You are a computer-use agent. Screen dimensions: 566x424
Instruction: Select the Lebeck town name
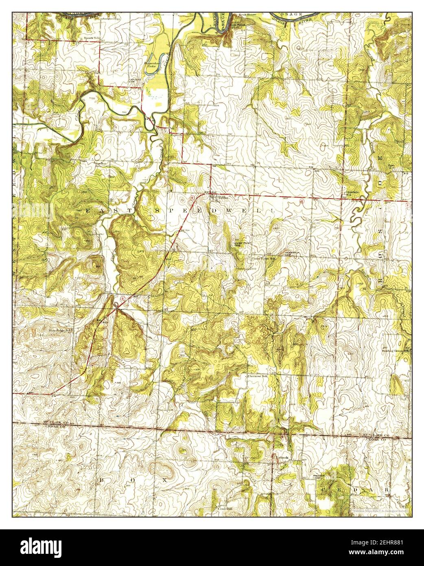click(x=282, y=457)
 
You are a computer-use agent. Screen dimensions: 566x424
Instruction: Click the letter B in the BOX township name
click(x=102, y=480)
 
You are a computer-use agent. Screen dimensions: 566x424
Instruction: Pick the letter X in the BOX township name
click(x=166, y=480)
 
